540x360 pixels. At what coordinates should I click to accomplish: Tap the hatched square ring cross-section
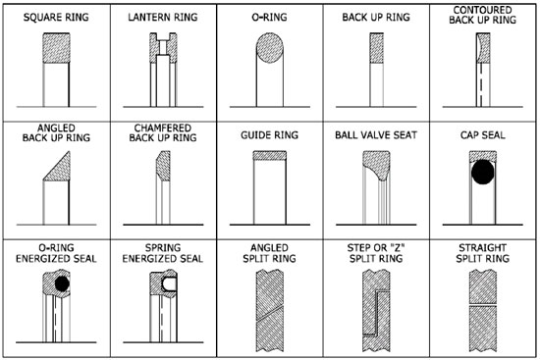click(x=55, y=49)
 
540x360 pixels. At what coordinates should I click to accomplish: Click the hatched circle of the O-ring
click(x=268, y=47)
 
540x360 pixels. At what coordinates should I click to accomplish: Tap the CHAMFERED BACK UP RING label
click(x=161, y=133)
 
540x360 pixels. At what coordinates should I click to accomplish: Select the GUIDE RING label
click(x=268, y=134)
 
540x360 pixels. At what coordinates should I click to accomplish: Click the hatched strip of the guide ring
click(x=268, y=154)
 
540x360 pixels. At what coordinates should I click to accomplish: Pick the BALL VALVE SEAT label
click(x=375, y=134)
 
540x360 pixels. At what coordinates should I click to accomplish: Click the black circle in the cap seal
click(x=482, y=173)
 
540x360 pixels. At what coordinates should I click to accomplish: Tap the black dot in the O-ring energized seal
click(x=63, y=283)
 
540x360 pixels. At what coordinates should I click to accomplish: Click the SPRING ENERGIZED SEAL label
click(x=161, y=252)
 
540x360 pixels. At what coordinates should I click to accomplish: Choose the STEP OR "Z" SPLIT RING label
click(x=375, y=252)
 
